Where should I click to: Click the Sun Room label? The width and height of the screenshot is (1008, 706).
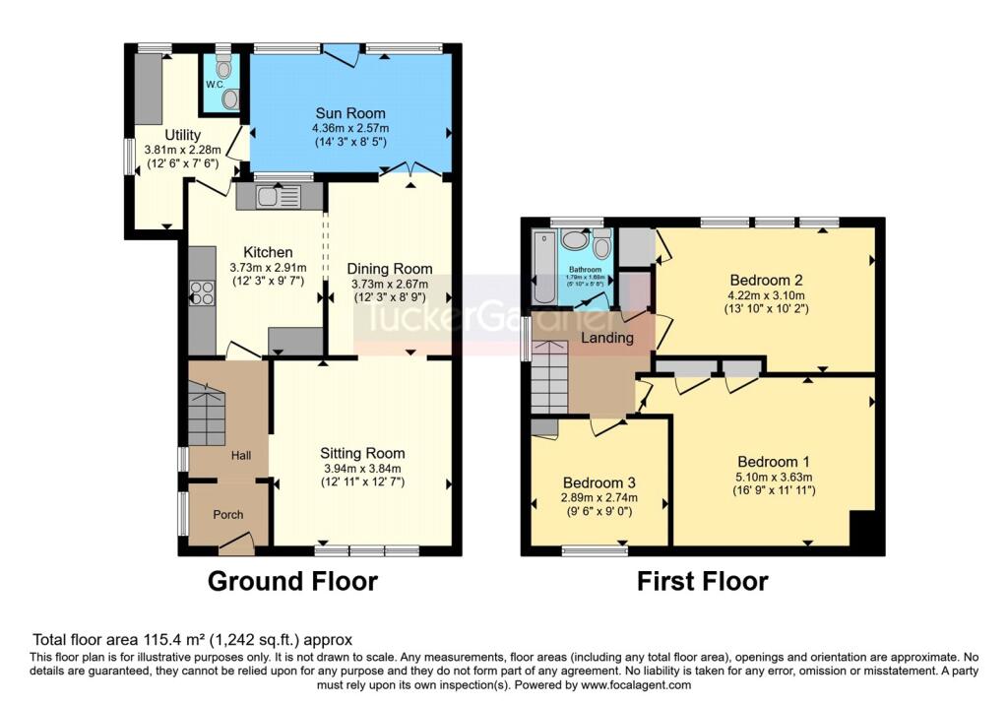[x=349, y=113]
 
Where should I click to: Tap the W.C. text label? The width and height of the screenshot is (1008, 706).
[x=215, y=85]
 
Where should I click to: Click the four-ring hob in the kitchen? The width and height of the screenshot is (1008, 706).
[x=202, y=292]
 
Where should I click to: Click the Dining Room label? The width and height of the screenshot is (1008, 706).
[x=390, y=269]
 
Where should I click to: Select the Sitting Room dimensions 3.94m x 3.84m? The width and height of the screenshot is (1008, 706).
[x=362, y=468]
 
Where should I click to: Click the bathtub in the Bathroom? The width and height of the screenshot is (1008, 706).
[x=542, y=267]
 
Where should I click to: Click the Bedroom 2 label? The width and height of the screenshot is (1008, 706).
[x=766, y=279]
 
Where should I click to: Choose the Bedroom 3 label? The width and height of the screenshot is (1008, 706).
[x=598, y=483]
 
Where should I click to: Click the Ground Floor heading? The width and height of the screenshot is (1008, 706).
[x=292, y=581]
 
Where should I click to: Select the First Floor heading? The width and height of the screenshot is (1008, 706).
[x=702, y=581]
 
